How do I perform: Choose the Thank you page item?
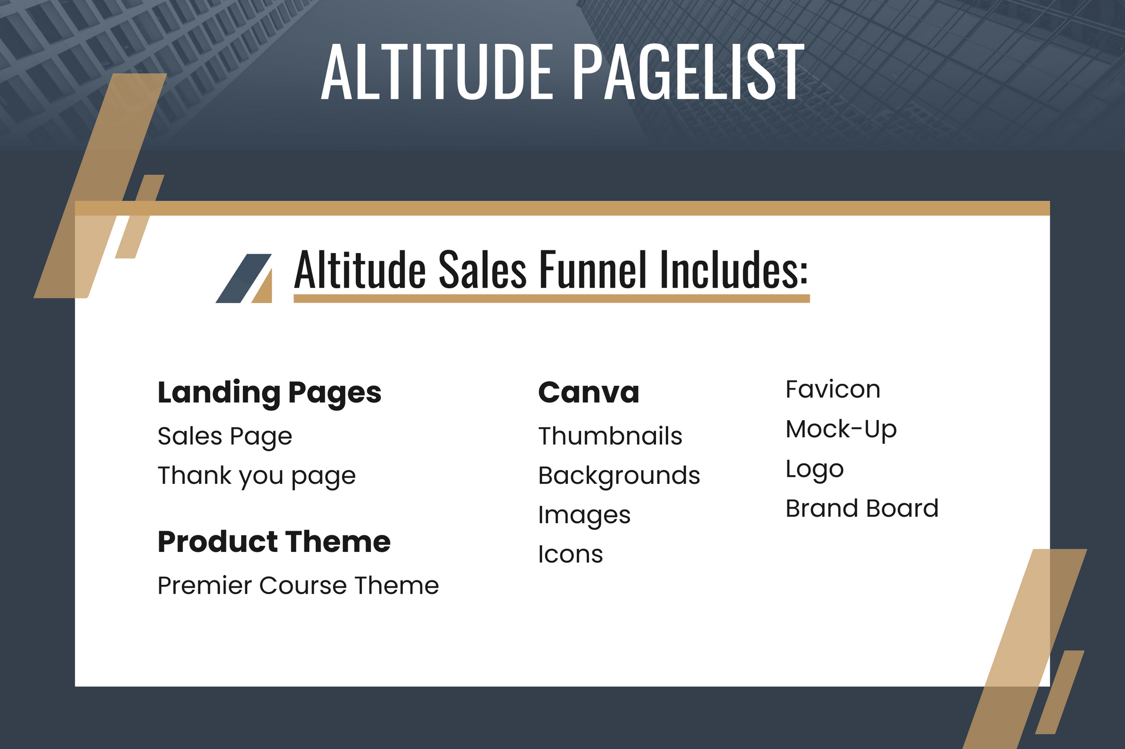(x=257, y=476)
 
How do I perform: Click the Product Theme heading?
(x=274, y=541)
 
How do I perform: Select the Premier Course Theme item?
(x=298, y=585)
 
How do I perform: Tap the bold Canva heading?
(x=589, y=392)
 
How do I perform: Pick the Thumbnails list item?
(x=610, y=436)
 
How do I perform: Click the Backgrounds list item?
(x=619, y=476)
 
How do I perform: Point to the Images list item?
(x=584, y=516)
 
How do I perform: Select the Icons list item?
(x=570, y=554)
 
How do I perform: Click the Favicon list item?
(x=833, y=389)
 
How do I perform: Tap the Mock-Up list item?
(x=841, y=429)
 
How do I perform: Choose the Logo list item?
(x=815, y=469)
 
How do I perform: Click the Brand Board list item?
(x=862, y=508)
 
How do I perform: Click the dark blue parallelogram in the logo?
(x=243, y=278)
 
